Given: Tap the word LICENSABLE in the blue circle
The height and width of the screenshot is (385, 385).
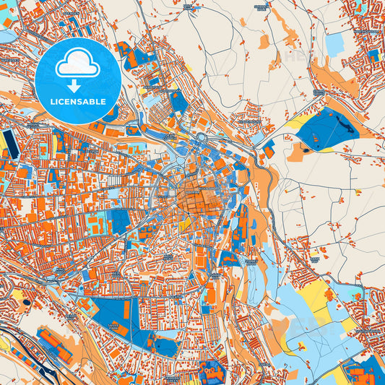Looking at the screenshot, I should [77, 101].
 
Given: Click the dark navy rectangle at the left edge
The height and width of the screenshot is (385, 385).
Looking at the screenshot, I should [9, 144].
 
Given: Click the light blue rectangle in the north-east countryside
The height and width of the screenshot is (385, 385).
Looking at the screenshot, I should [334, 43].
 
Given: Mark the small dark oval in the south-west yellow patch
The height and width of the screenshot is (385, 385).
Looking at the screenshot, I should [27, 302].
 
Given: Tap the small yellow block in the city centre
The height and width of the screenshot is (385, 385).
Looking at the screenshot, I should [184, 225].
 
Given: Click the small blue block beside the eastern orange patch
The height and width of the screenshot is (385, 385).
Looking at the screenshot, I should [269, 150].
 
